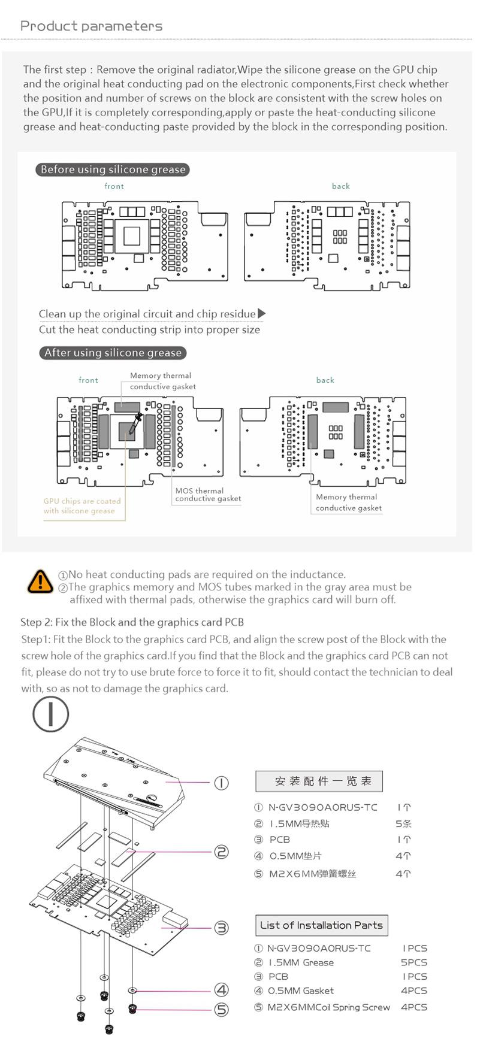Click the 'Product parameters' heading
(91, 26)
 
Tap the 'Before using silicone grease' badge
(113, 169)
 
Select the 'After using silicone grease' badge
(113, 353)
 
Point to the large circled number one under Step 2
(51, 714)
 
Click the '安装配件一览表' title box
(319, 781)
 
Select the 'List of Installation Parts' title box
(321, 925)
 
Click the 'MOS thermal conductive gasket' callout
(208, 495)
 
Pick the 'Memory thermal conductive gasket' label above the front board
(162, 381)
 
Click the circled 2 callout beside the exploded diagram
(222, 852)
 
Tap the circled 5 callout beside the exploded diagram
(222, 1010)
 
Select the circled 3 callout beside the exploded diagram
(222, 928)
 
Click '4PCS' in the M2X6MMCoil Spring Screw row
(414, 1007)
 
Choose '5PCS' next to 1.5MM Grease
(414, 962)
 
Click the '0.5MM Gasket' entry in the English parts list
(300, 991)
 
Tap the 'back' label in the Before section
(341, 186)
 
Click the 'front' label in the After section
(88, 380)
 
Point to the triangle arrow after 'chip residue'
(261, 313)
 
